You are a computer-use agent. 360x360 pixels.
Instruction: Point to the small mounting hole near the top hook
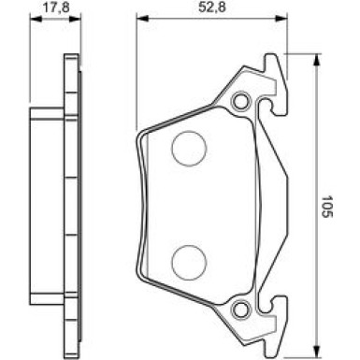(241, 101)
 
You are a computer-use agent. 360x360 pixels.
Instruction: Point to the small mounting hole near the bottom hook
(241, 309)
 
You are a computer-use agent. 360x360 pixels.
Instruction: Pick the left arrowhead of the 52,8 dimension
(139, 20)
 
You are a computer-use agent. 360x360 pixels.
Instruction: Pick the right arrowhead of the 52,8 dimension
(280, 20)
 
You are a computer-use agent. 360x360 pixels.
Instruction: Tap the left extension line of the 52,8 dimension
(136, 75)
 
